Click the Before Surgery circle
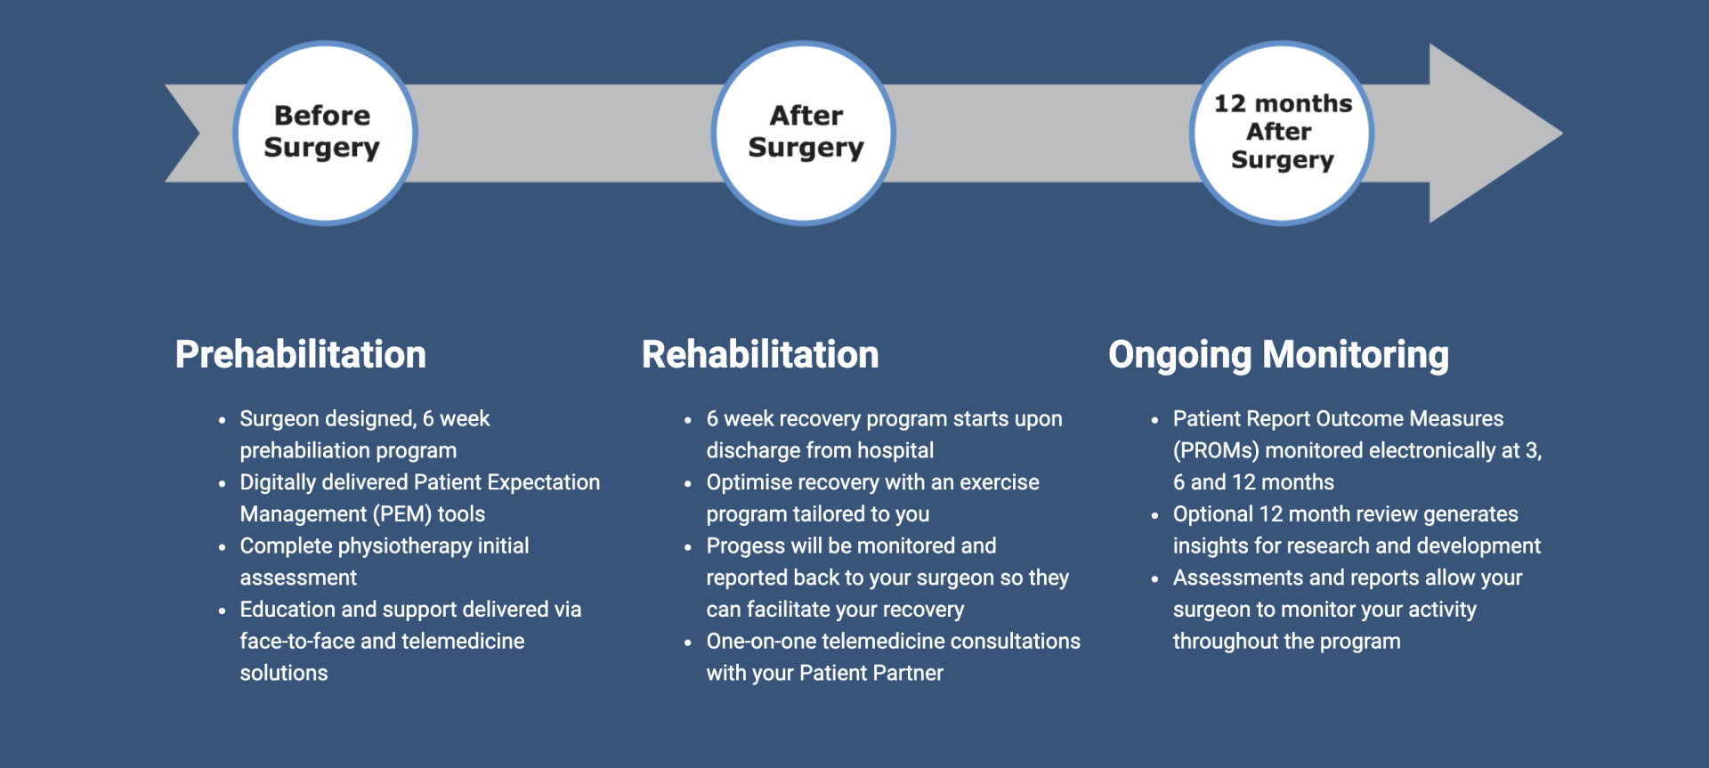click(325, 133)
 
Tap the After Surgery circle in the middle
click(804, 133)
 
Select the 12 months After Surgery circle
click(1282, 133)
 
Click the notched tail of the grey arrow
click(191, 133)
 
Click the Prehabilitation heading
click(300, 354)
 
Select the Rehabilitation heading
click(760, 354)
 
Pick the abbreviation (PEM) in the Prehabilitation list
click(401, 514)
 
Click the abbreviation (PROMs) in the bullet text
click(1215, 451)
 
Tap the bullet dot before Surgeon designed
click(222, 420)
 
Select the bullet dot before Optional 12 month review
click(1154, 515)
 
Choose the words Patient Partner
click(871, 674)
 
